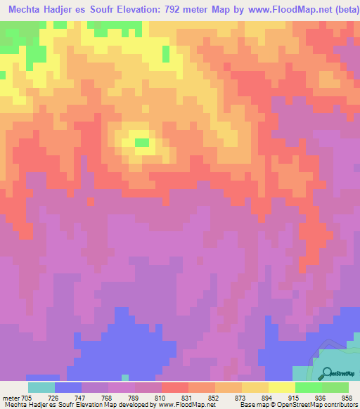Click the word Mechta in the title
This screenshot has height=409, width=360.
(27, 11)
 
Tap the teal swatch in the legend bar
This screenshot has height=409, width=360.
(41, 387)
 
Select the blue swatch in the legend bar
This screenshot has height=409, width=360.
(67, 387)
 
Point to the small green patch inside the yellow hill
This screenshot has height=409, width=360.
(143, 143)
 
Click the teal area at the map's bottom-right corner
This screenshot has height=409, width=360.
(345, 365)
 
